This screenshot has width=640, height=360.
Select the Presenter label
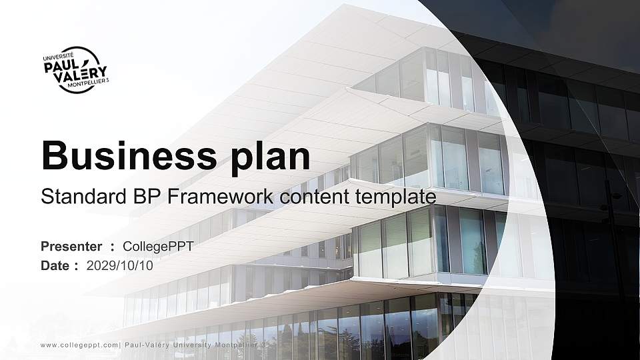71,247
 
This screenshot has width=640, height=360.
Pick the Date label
55,266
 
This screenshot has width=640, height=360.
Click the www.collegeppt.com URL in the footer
79,345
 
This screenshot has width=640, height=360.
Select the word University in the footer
193,345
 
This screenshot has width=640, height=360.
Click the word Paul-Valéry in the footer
146,345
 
